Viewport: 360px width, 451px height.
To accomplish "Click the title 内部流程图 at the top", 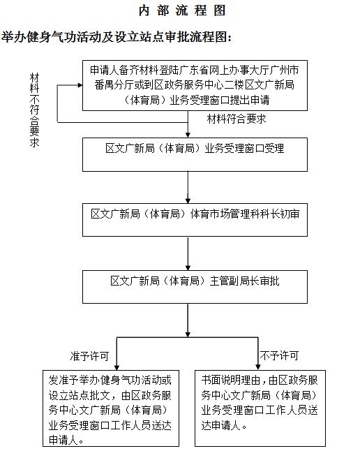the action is [x=182, y=10].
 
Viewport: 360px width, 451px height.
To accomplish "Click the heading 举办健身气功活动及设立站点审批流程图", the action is [x=117, y=37].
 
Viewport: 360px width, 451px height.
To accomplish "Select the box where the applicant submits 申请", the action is [x=195, y=85].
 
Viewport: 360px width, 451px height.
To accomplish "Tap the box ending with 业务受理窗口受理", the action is [x=195, y=154].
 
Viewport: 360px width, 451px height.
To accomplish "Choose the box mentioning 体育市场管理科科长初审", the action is [x=195, y=220].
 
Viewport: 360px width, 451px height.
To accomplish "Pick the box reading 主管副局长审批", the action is [x=195, y=286].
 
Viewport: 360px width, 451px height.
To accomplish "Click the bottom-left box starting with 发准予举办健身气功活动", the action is [x=111, y=408].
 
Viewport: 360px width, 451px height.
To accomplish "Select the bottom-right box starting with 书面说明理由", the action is [x=260, y=408].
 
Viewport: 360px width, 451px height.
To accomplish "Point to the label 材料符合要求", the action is [x=237, y=119].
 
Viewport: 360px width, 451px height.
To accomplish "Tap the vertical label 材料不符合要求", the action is [x=34, y=110].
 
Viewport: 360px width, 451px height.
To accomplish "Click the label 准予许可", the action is [x=89, y=356].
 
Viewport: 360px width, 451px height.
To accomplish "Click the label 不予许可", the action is [x=279, y=355].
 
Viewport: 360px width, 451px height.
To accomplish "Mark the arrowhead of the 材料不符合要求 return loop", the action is [x=80, y=85].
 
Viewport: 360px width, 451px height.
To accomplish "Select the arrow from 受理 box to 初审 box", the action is [x=188, y=187].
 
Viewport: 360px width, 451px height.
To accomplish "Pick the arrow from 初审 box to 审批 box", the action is [x=188, y=253].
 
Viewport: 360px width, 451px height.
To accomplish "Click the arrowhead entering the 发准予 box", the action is [x=117, y=368].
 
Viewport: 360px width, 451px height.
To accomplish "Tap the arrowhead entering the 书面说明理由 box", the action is [x=258, y=368].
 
